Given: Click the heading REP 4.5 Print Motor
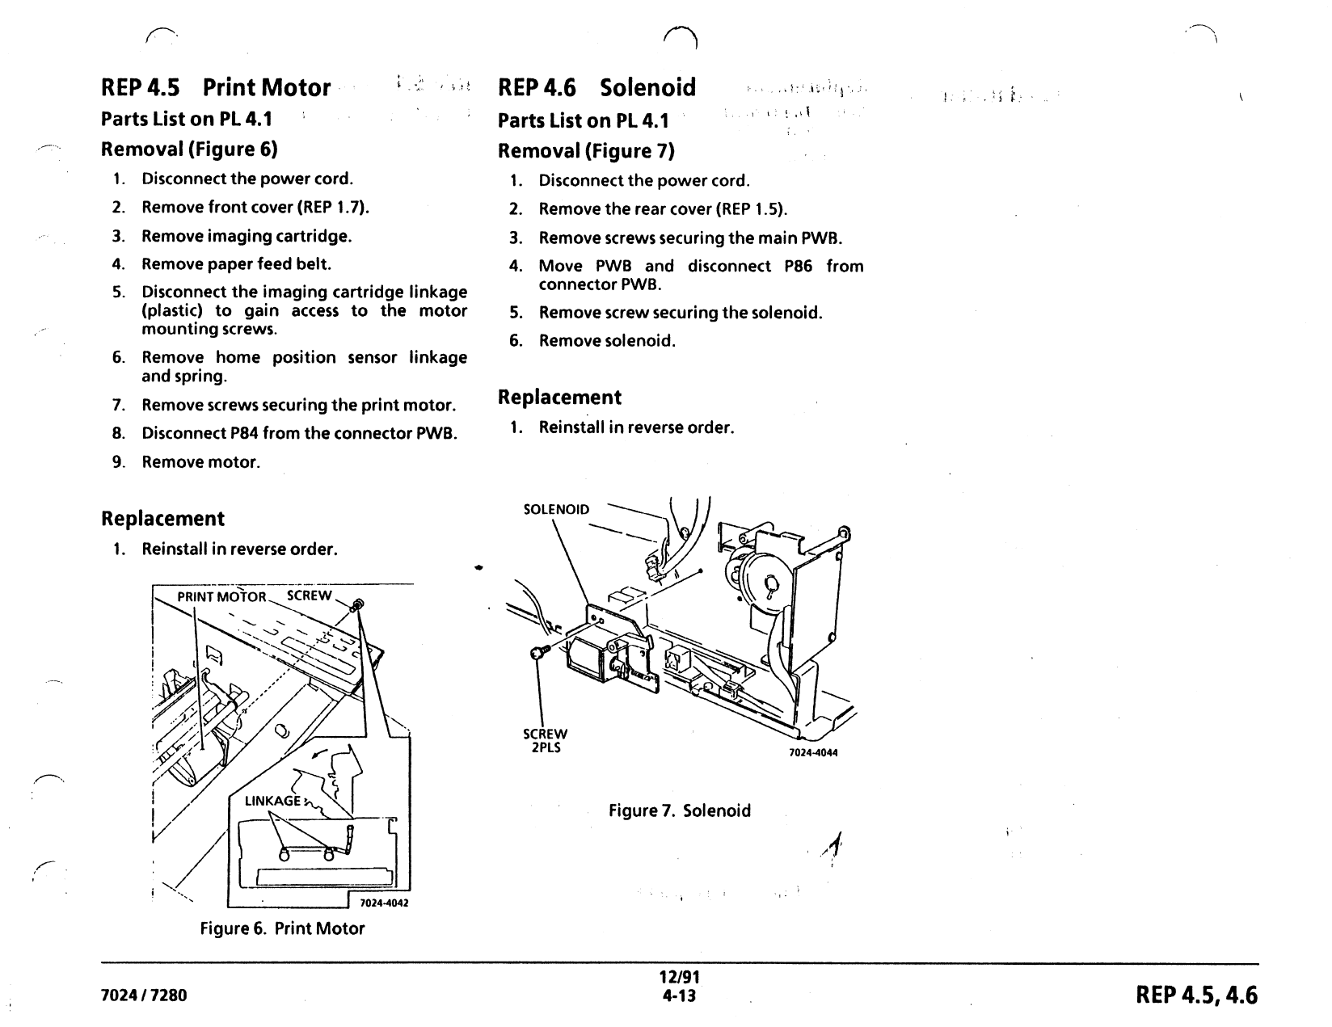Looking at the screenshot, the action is click(216, 87).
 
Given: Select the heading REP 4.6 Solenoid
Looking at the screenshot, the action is click(596, 87).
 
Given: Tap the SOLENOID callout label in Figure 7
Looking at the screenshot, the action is click(556, 509).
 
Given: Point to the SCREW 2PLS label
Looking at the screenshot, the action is click(545, 740).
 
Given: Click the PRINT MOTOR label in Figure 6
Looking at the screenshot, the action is click(222, 597).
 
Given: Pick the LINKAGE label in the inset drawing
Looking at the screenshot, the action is click(272, 801).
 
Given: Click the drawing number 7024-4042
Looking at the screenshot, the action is click(384, 903).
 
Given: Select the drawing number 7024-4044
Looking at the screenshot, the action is click(813, 752).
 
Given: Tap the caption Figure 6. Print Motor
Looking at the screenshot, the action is click(282, 928).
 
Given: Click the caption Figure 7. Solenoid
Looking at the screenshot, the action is click(679, 810).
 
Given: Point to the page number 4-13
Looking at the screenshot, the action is click(679, 995).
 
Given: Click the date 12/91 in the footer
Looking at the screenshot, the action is click(679, 977).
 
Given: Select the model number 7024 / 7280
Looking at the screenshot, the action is click(144, 995).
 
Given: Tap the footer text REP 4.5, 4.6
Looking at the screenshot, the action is click(1196, 995).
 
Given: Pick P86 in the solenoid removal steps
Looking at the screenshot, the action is click(798, 266).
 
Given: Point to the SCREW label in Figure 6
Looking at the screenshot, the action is click(309, 596).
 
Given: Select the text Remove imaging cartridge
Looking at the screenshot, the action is click(247, 236).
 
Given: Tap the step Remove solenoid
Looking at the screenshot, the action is click(607, 341).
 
